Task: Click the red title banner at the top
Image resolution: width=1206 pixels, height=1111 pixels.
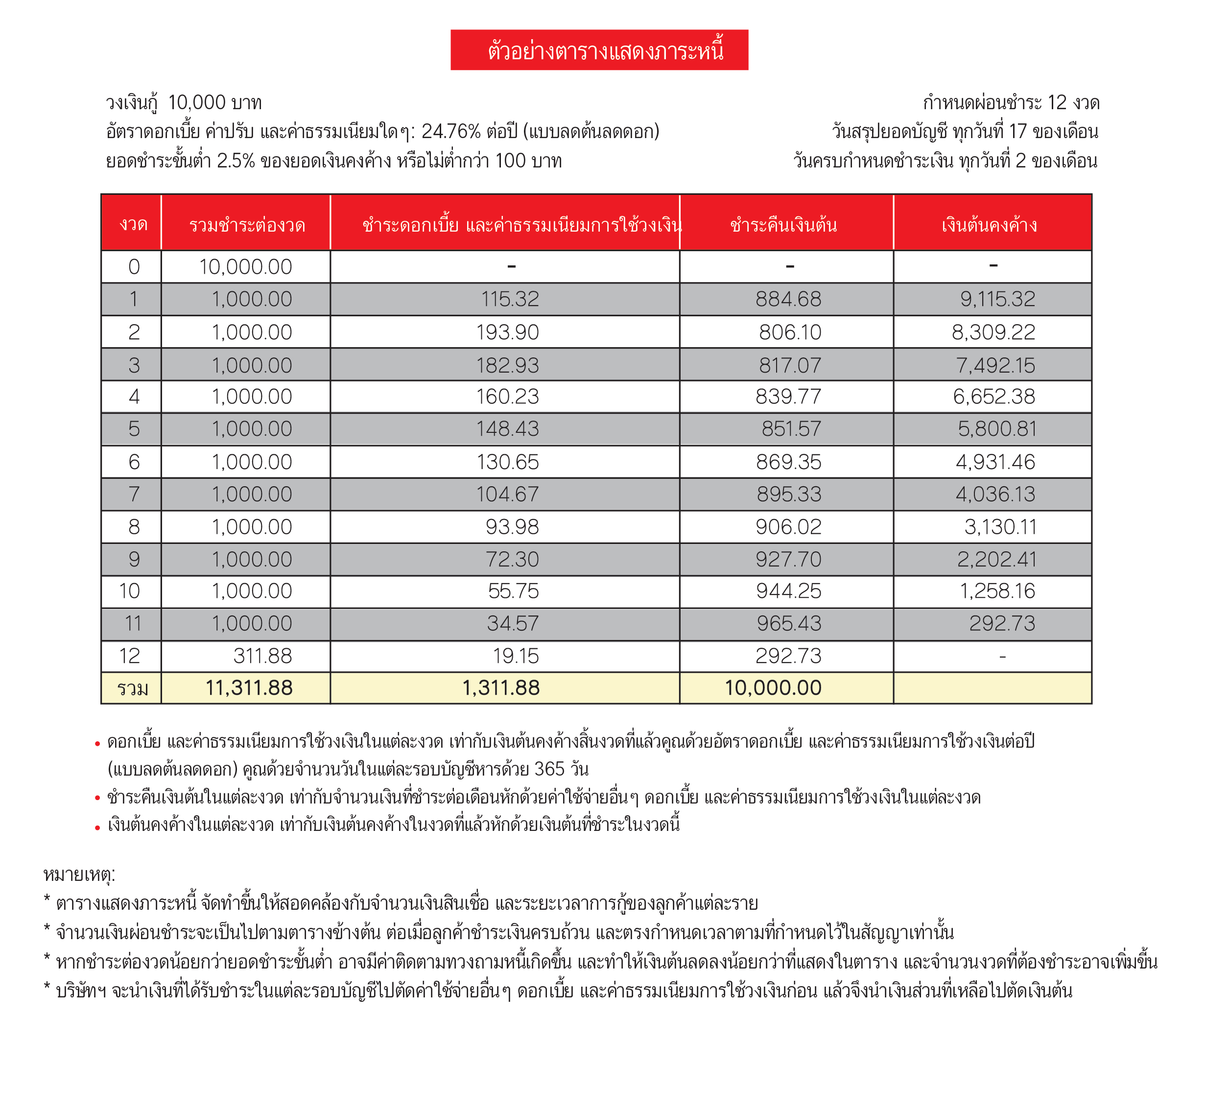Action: pos(599,50)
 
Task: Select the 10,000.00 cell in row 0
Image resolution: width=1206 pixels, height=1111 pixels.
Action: pos(245,267)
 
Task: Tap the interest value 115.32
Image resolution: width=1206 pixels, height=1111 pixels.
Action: pos(510,299)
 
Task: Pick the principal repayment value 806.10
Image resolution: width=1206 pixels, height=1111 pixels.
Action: pos(789,332)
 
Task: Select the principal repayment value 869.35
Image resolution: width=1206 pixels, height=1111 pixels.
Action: pos(788,462)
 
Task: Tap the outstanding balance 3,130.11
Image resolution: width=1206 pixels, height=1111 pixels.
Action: pos(1000,527)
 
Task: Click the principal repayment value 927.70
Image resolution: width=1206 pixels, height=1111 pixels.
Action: pos(788,560)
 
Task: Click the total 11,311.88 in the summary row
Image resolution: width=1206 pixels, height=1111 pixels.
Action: pos(249,688)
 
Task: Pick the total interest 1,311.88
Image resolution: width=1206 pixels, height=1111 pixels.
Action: pos(501,688)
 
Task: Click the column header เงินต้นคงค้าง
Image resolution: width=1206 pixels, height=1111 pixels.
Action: pos(989,225)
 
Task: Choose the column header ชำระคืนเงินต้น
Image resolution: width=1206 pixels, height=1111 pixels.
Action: pos(783,225)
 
